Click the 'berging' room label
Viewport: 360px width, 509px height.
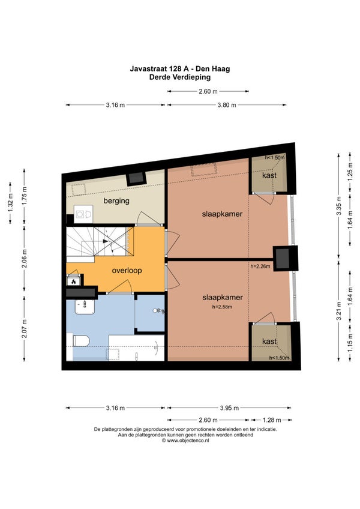116,200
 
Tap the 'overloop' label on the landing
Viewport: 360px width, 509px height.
127,270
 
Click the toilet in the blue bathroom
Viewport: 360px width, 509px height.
81,341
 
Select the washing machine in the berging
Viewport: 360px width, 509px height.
83,214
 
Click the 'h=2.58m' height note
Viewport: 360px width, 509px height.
223,307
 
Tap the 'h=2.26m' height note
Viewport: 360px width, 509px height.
260,267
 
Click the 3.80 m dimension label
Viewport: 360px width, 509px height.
227,105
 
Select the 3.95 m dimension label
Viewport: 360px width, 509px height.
229,408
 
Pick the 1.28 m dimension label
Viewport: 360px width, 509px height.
271,420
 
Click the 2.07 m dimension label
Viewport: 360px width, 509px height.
25,328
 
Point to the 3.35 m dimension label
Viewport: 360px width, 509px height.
339,206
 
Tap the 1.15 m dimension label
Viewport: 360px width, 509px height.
350,343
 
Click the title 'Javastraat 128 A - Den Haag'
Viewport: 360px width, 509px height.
180,69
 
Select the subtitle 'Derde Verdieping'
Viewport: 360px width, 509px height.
180,77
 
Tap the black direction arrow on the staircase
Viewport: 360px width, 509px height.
105,241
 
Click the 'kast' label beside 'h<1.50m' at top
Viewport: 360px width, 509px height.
269,175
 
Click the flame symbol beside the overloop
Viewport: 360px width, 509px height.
74,282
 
